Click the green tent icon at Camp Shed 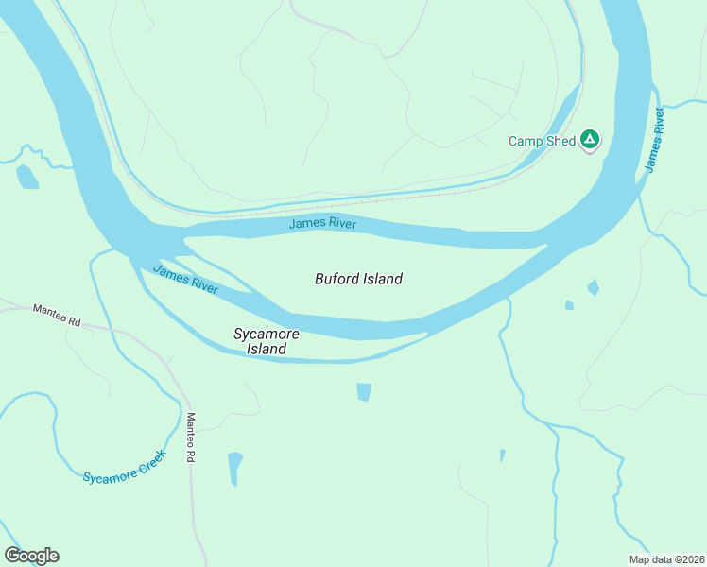(x=590, y=140)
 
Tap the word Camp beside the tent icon (x=526, y=141)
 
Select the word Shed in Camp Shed (x=560, y=141)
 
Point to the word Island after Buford (x=383, y=279)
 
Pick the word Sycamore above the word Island (x=267, y=334)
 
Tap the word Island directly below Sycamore (x=267, y=349)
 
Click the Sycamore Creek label (x=124, y=465)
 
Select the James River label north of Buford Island (x=322, y=223)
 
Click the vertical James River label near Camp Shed (x=654, y=140)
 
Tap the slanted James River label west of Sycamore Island (x=185, y=278)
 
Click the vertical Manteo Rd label (x=190, y=438)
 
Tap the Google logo (x=31, y=556)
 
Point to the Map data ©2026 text (x=665, y=558)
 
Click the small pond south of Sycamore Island (x=364, y=391)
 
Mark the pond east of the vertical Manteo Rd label (x=234, y=468)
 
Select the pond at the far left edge (x=26, y=177)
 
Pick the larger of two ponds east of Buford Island (x=593, y=286)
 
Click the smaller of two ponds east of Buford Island (x=569, y=305)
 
